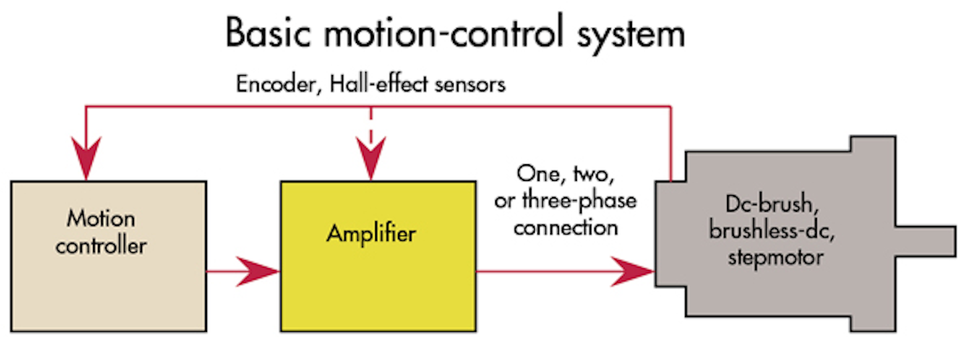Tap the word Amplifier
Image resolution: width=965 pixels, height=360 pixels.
tap(371, 234)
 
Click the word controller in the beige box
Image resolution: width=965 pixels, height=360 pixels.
tap(101, 245)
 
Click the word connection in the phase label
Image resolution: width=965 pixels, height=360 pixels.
tap(566, 227)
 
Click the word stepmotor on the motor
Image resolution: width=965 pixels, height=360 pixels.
tap(775, 256)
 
